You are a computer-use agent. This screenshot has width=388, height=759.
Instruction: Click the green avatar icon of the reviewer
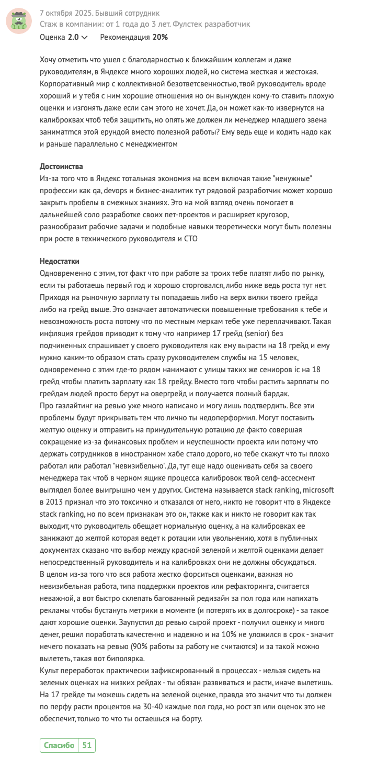click(x=19, y=21)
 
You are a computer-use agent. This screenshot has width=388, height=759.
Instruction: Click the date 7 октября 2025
click(x=66, y=13)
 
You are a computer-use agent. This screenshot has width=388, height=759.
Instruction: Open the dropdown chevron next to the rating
click(x=85, y=38)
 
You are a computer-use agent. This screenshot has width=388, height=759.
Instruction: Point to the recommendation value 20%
click(x=160, y=37)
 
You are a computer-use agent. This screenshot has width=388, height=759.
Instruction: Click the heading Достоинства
click(x=61, y=166)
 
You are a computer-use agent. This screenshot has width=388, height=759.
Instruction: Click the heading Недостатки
click(x=59, y=261)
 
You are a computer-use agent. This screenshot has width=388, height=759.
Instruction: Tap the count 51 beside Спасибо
click(x=86, y=745)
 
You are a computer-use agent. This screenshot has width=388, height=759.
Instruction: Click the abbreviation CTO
click(x=190, y=238)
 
